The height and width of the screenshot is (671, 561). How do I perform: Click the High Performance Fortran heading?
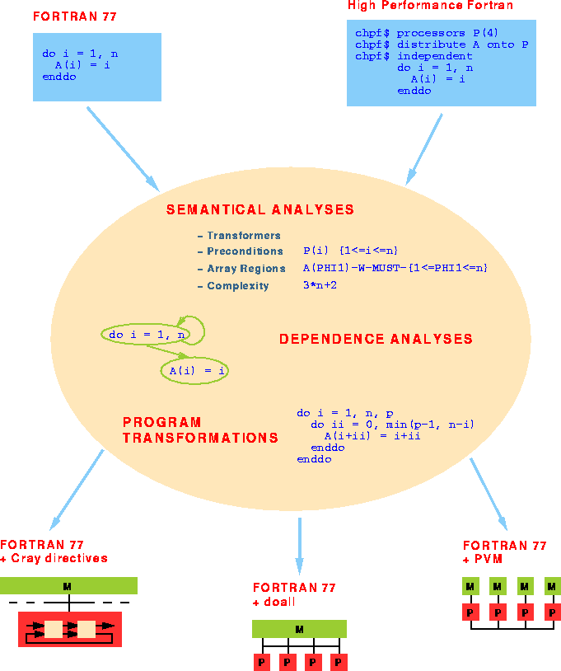pos(430,6)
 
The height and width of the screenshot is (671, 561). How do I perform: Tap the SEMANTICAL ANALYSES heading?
pos(260,209)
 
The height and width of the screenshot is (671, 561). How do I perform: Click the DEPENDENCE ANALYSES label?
pos(376,339)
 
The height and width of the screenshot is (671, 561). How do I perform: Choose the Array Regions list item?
pos(245,269)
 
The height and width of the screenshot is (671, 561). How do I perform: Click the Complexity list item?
pos(237,286)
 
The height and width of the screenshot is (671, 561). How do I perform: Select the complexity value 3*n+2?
pos(320,285)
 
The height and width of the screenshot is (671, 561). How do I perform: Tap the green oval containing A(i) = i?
pos(194,371)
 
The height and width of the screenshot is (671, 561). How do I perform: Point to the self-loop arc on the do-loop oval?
pos(198,323)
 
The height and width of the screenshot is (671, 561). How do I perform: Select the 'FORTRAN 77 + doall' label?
pos(294,594)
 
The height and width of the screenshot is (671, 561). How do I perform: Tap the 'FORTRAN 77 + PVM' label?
pos(504,552)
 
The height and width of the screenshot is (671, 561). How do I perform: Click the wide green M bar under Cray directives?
pos(68,586)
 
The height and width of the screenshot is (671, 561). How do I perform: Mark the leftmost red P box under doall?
pos(261,662)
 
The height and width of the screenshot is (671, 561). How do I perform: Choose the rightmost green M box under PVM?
pos(552,586)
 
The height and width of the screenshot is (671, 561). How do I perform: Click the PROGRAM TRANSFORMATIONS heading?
pos(200,430)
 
